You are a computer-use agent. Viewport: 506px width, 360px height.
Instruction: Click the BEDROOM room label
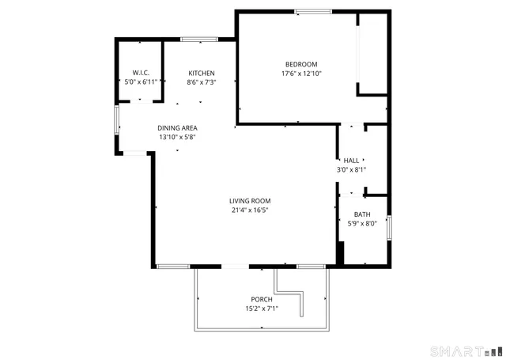coord(301,64)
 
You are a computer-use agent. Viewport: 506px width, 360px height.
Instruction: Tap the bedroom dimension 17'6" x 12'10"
coord(301,74)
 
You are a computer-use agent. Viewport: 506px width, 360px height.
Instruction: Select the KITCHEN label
coord(201,73)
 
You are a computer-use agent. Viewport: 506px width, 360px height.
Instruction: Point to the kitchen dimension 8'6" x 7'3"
coord(201,81)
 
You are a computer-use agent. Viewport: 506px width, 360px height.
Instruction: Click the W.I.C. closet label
coord(140,73)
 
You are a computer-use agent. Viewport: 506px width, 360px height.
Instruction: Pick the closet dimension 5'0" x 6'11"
coord(140,81)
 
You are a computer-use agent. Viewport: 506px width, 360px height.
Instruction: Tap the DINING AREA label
coord(177,128)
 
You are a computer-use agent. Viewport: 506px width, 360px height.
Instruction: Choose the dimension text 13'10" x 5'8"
coord(177,137)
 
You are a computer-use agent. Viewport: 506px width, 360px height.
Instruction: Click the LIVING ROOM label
coord(251,201)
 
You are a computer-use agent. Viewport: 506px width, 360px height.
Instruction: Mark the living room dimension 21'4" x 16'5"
coord(251,210)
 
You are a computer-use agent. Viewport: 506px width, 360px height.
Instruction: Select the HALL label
coord(351,161)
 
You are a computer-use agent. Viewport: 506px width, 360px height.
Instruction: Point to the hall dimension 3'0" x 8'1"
coord(351,169)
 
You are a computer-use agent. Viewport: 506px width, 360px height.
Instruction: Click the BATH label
coord(362,214)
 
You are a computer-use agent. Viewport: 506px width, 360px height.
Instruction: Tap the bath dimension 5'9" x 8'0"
coord(362,223)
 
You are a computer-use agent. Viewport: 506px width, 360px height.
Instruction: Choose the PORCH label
coord(262,299)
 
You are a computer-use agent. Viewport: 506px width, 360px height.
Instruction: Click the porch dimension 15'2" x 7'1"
coord(262,308)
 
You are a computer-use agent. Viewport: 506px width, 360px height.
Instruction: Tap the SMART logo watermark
coord(465,351)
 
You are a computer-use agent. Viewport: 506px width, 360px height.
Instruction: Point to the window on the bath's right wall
coord(389,225)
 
